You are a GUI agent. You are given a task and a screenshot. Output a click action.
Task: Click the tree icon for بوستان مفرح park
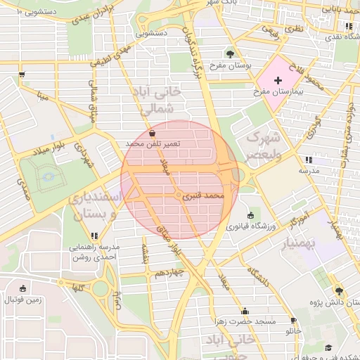pos(231,53)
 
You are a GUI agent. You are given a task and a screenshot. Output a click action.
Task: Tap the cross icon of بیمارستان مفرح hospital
pos(278,81)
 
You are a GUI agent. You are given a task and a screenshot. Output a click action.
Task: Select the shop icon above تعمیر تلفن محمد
pos(153,132)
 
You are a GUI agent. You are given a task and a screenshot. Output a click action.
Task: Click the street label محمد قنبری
pos(203,196)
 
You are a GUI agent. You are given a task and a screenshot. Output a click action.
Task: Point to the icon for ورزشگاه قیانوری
pos(251,214)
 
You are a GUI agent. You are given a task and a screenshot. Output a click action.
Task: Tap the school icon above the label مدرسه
pos(309,160)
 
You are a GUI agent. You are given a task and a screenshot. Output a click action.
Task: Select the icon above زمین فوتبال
pos(23,288)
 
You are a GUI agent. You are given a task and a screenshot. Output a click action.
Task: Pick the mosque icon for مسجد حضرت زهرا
pos(245,311)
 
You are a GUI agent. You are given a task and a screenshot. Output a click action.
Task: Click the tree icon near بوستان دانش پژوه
pos(339,290)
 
